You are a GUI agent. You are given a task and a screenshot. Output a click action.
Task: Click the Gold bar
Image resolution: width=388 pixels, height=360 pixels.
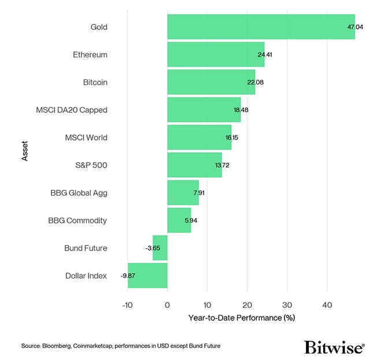[x=260, y=27]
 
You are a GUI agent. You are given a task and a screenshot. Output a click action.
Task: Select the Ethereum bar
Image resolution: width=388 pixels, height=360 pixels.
[x=215, y=54]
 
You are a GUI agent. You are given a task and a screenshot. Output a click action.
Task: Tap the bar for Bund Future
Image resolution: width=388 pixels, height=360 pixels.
[x=160, y=248]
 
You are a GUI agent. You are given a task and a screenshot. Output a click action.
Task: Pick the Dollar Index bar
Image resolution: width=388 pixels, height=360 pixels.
[x=147, y=275]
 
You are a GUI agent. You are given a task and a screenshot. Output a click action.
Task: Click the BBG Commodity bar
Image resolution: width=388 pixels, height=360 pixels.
[x=179, y=221]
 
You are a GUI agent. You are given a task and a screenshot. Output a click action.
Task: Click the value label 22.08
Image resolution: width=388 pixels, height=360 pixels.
[x=255, y=82]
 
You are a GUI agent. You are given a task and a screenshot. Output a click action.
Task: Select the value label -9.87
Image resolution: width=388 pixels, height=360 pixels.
[x=128, y=275]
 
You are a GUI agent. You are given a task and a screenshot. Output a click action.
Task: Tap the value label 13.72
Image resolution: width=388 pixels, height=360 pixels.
[x=222, y=165]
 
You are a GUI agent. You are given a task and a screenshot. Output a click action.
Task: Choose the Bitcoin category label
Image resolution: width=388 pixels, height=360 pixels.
[x=95, y=82]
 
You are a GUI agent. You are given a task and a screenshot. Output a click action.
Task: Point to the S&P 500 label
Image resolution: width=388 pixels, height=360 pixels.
[x=91, y=165]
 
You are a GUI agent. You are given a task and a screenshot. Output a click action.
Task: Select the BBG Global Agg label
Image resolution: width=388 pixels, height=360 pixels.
[x=79, y=193]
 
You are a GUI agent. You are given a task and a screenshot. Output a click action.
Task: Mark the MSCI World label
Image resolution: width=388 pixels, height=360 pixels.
[x=86, y=138]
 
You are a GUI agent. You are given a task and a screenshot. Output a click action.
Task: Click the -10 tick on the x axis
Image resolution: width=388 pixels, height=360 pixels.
[x=127, y=304]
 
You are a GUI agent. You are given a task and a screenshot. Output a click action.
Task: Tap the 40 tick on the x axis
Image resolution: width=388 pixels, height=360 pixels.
[x=327, y=304]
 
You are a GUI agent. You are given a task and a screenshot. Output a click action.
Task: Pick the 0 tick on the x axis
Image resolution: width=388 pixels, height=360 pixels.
[x=167, y=304]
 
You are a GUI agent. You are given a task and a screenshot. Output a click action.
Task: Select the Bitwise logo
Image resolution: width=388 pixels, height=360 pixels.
[x=334, y=347]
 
